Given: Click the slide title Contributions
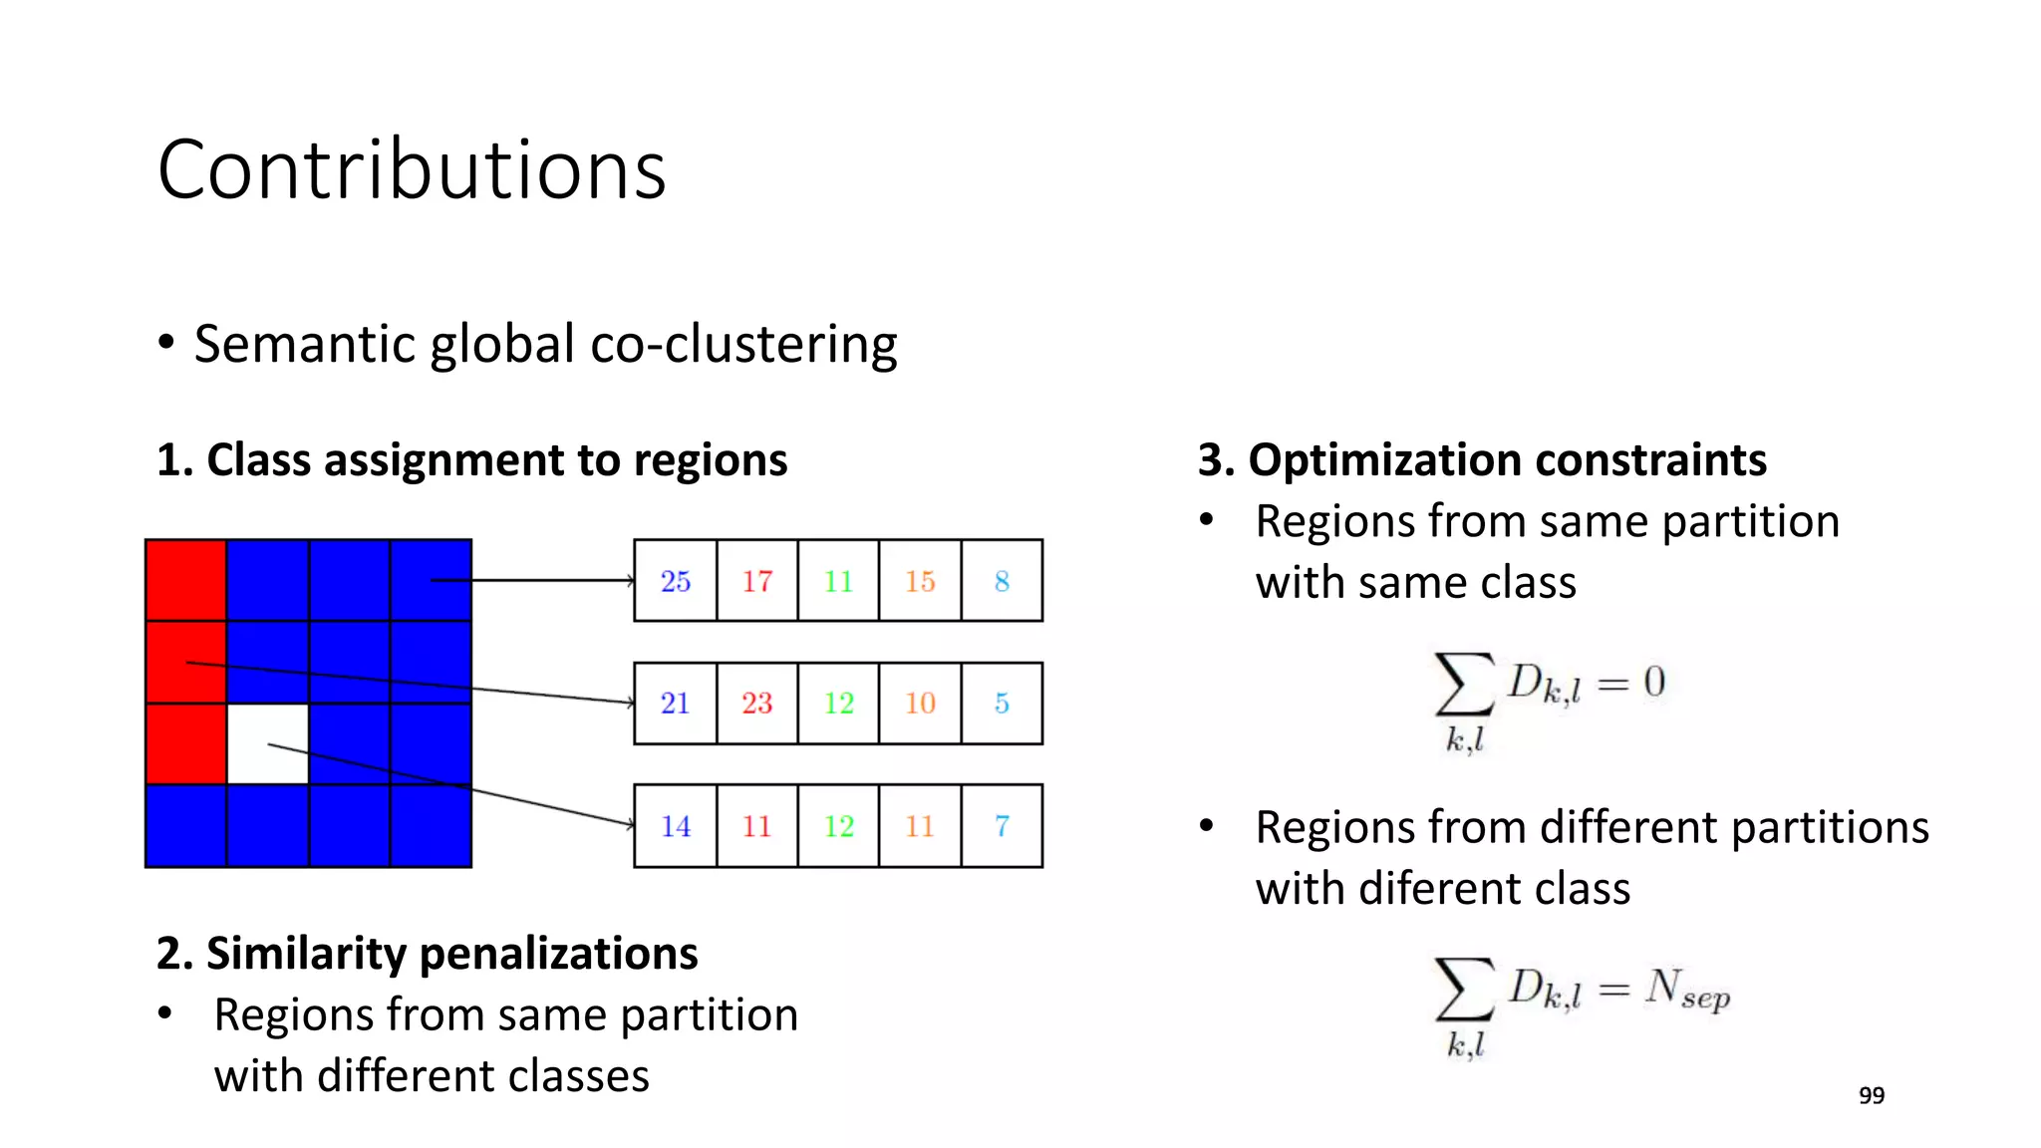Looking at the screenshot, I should click(x=411, y=169).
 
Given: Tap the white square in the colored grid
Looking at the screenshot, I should click(x=267, y=743).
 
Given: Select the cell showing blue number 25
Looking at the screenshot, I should click(x=675, y=581).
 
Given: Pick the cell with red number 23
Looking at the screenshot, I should click(x=756, y=704).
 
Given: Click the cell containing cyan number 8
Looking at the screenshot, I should click(x=1002, y=581).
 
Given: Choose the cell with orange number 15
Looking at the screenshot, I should click(x=920, y=581).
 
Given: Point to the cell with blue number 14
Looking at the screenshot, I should click(x=675, y=826).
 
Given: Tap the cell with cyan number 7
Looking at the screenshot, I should click(x=1002, y=826).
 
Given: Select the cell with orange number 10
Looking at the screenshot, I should click(x=920, y=704).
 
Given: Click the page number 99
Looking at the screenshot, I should click(x=1871, y=1095).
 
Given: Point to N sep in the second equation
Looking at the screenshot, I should click(x=1686, y=990).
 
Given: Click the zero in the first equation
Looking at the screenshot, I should click(x=1654, y=682).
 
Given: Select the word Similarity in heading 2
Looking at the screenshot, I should click(x=306, y=954).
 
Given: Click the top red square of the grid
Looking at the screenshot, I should click(x=185, y=580).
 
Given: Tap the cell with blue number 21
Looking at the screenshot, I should click(x=675, y=704).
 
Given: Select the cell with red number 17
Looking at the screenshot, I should click(x=756, y=581).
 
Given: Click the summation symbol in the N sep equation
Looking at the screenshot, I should click(x=1464, y=989).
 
